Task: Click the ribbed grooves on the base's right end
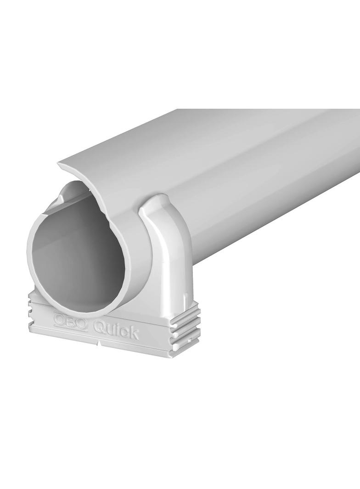pyautogui.click(x=186, y=331)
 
